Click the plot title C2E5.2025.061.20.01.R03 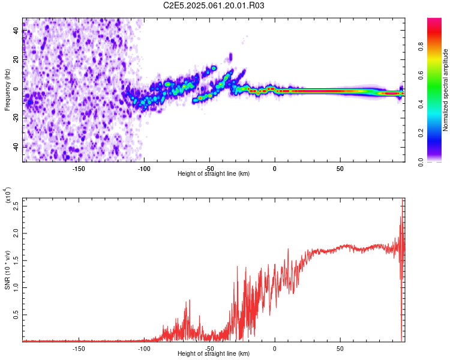point(214,5)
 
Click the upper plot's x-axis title point(214,173)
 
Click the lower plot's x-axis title point(214,354)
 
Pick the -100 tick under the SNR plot point(144,348)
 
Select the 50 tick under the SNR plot point(340,348)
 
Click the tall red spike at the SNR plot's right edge point(402,270)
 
